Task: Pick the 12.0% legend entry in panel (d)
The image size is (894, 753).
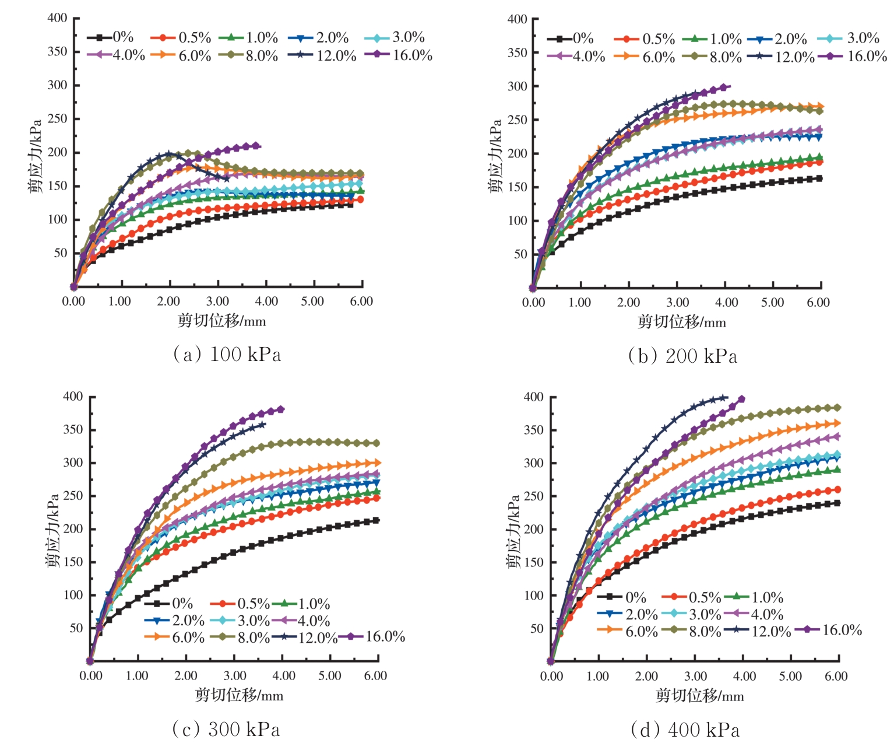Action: [x=758, y=631]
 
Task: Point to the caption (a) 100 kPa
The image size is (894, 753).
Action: [x=227, y=354]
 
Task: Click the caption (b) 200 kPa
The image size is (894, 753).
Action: [x=682, y=356]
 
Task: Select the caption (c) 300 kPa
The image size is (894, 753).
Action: [x=226, y=729]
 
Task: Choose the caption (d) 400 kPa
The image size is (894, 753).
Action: [x=685, y=730]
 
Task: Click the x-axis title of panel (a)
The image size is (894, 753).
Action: [x=221, y=320]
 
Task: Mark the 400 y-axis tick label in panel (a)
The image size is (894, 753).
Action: [x=57, y=17]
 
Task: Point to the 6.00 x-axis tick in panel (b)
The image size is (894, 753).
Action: [x=818, y=302]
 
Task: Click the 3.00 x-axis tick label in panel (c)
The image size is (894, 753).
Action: [x=235, y=675]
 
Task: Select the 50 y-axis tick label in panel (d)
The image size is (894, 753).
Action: [x=537, y=629]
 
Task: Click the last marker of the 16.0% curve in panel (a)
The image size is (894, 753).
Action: [x=255, y=145]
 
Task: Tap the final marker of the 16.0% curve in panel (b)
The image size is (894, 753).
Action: [x=724, y=87]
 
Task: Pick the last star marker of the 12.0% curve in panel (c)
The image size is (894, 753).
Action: [x=262, y=424]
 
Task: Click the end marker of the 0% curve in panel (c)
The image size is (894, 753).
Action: [x=376, y=520]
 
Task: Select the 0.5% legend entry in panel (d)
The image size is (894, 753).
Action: [x=691, y=597]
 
